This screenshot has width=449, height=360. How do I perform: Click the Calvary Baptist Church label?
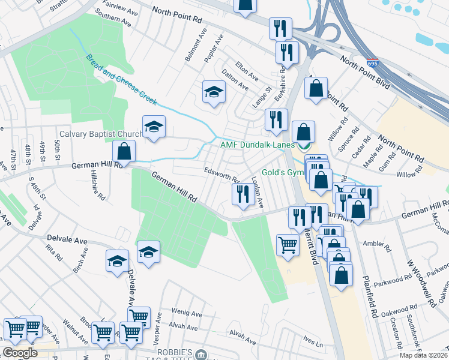tap(100, 134)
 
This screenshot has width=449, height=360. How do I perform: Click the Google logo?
tap(20, 352)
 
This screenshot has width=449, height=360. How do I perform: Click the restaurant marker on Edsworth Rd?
tap(242, 194)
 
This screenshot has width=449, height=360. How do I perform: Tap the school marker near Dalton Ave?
tap(212, 92)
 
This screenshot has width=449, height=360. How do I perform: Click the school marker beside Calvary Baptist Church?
tap(154, 127)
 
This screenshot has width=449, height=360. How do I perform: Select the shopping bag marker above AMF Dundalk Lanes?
tap(315, 89)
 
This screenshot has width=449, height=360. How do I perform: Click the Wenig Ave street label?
tap(187, 313)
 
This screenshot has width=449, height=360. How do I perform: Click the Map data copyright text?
tap(423, 355)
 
